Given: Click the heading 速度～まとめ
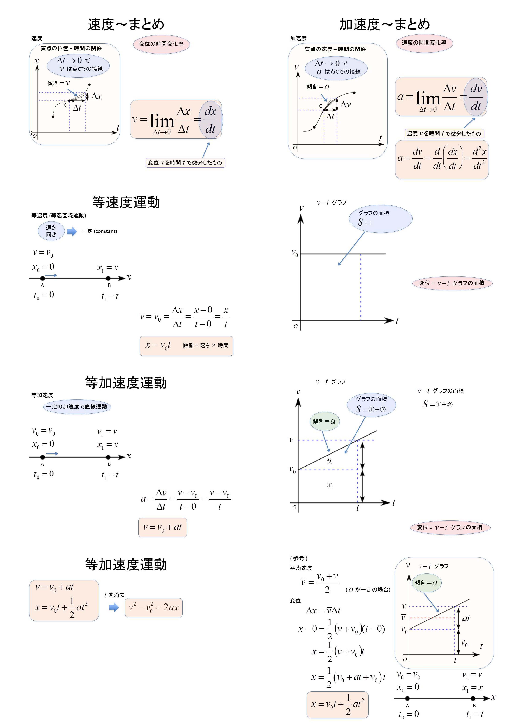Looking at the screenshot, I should pyautogui.click(x=126, y=24).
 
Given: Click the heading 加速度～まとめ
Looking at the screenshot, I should pyautogui.click(x=385, y=24).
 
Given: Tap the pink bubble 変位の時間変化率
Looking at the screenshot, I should pyautogui.click(x=161, y=44).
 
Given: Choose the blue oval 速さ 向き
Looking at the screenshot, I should pyautogui.click(x=51, y=231).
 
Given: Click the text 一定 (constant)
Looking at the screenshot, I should pyautogui.click(x=99, y=231).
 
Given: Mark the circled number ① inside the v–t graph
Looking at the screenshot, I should pyautogui.click(x=329, y=485).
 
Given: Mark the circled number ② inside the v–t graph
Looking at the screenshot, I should pyautogui.click(x=329, y=462).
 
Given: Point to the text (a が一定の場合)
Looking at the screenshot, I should pyautogui.click(x=368, y=589).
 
